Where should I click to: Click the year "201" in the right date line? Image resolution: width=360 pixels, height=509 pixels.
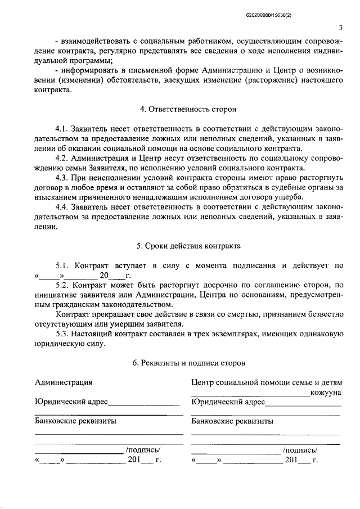[291, 460]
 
